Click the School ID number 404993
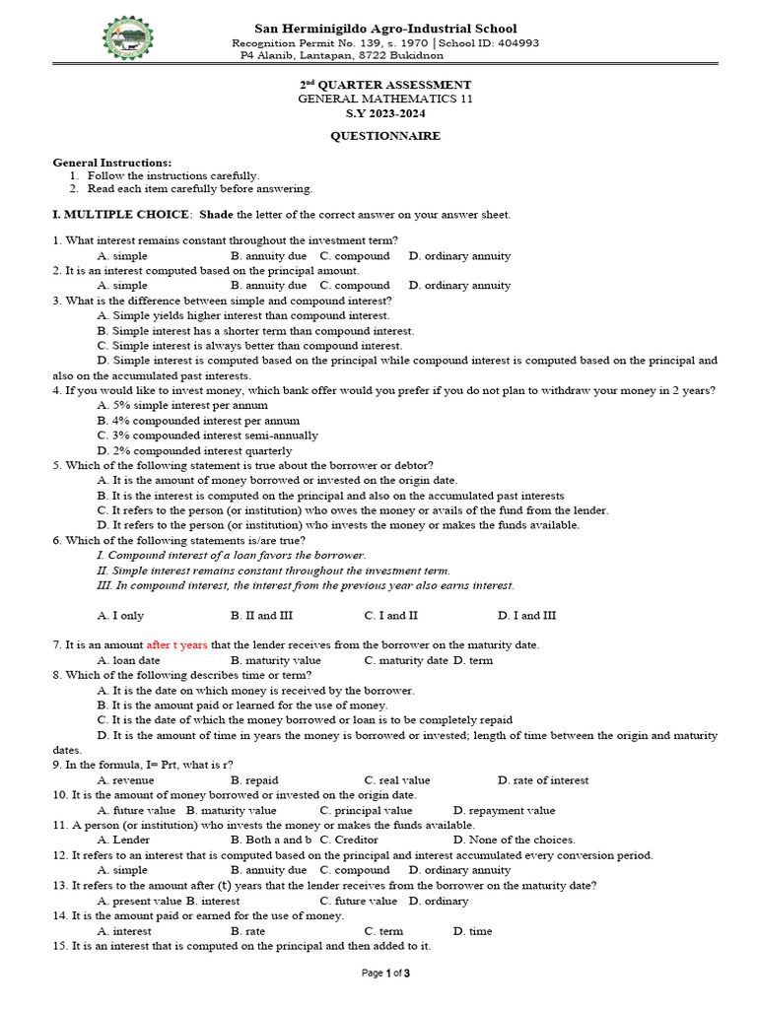click(513, 43)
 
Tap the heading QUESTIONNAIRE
click(385, 136)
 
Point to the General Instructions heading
click(111, 163)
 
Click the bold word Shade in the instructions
click(215, 214)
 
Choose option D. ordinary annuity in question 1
click(459, 255)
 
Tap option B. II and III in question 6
click(261, 616)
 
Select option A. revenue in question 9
click(126, 780)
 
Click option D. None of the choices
click(514, 841)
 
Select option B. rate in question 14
click(247, 931)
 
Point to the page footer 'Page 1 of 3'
click(385, 974)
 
